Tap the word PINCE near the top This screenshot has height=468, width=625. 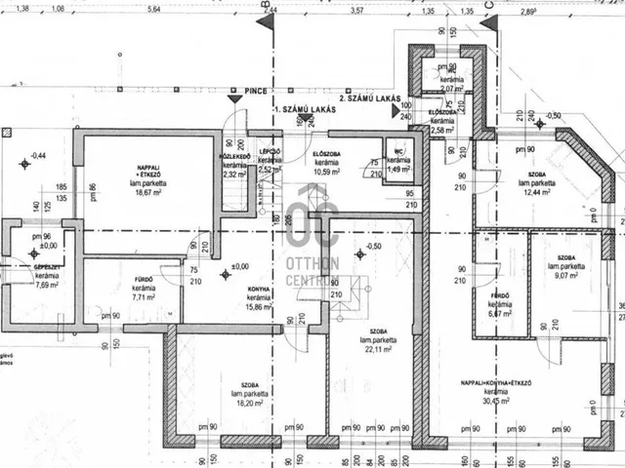[258, 88]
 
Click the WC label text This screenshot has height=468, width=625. [398, 151]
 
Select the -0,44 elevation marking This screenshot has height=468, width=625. [39, 156]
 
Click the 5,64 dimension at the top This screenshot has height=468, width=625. [152, 10]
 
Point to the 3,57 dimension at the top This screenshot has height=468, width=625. [356, 10]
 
